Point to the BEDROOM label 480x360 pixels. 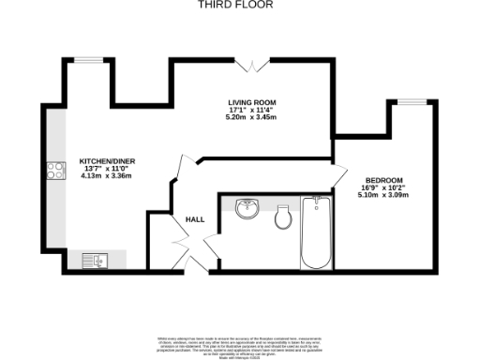[384, 180]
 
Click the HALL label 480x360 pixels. [195, 219]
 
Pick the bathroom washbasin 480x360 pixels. [247, 208]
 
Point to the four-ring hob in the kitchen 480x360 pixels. [54, 172]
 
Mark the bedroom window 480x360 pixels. [412, 101]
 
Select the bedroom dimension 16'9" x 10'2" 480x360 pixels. [384, 188]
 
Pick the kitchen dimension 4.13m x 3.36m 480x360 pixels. [103, 175]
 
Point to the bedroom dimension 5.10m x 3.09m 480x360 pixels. [384, 196]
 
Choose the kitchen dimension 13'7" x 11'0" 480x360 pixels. [103, 168]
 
